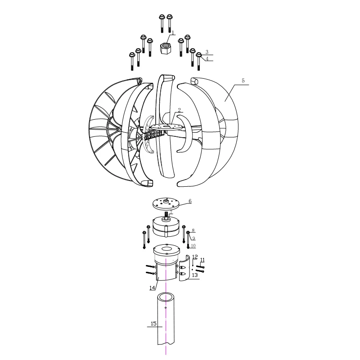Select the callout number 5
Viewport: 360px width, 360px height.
[243, 81]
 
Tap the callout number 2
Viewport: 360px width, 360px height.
[179, 110]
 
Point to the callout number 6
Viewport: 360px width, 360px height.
[190, 201]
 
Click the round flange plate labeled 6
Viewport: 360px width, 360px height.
[166, 203]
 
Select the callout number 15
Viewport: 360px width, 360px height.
[153, 324]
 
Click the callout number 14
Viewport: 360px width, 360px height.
[153, 287]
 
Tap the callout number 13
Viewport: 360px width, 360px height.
[194, 274]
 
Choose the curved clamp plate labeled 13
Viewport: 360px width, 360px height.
[184, 270]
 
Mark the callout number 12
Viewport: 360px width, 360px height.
[194, 257]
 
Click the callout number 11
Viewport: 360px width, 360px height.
[202, 260]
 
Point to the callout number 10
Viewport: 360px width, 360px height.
[193, 246]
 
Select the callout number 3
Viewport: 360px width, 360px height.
[207, 52]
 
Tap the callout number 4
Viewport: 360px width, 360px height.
[207, 59]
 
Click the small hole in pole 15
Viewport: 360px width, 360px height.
[166, 308]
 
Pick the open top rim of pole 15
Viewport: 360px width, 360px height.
[166, 297]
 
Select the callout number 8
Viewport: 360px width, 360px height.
[193, 230]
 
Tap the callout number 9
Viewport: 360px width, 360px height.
[193, 238]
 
